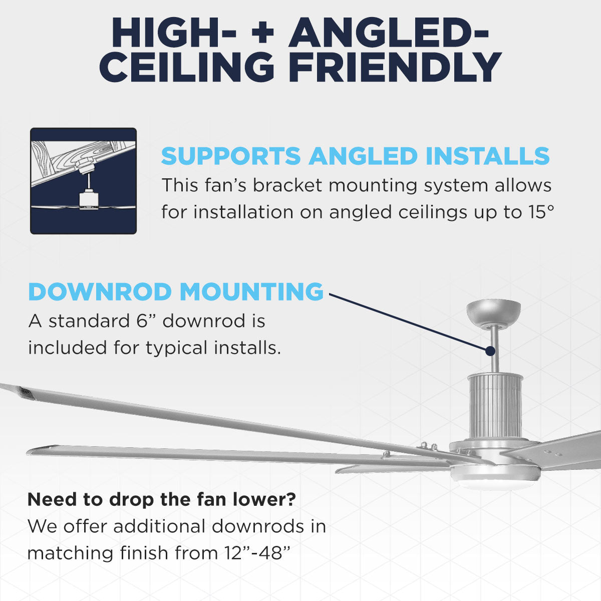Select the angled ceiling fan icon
click(x=83, y=181)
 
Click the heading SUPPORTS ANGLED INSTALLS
click(x=355, y=156)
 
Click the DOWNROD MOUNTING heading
click(x=176, y=292)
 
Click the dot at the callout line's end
click(x=491, y=351)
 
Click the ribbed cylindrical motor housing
click(x=495, y=406)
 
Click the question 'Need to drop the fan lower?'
click(x=161, y=499)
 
